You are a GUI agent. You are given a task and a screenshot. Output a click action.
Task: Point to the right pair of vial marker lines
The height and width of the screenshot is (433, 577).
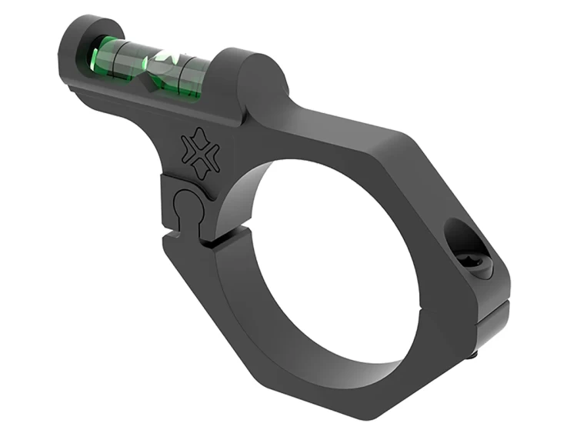[188, 73]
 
